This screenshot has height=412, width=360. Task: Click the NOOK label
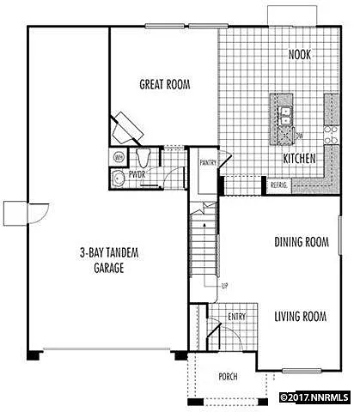click(x=300, y=55)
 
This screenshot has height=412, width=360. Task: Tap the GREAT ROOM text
click(x=165, y=84)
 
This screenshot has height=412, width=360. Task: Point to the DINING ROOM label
click(x=302, y=242)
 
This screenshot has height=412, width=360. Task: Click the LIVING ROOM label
click(x=301, y=317)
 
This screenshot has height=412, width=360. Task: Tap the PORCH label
click(x=228, y=377)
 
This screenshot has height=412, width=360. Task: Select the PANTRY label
click(x=207, y=161)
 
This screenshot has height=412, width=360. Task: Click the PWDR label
click(x=137, y=175)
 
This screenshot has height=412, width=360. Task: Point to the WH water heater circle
click(x=117, y=157)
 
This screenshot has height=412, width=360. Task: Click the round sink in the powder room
click(x=116, y=179)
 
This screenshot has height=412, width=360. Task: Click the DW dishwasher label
click(x=298, y=136)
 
